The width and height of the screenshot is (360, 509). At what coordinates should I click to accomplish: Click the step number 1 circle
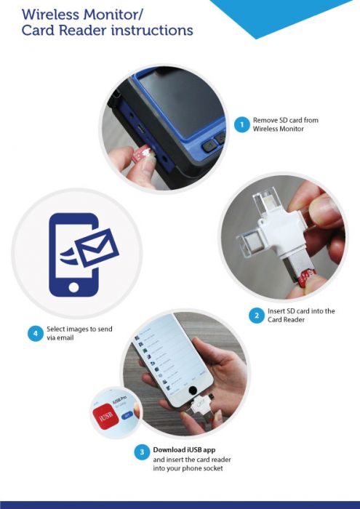(x=241, y=124)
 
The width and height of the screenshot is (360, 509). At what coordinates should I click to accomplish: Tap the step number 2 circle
(x=255, y=316)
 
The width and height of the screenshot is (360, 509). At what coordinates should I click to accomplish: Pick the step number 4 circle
(x=34, y=334)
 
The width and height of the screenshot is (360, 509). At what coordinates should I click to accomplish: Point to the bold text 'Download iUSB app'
(x=184, y=449)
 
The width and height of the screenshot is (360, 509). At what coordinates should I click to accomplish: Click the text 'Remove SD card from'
(x=285, y=120)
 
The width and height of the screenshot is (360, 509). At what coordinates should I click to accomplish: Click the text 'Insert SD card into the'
(x=301, y=311)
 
